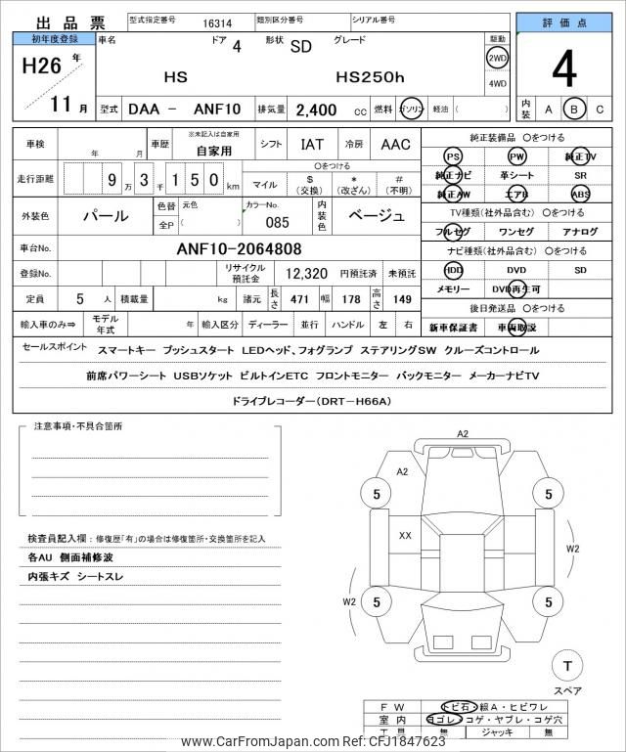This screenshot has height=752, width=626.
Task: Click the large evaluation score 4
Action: [x=564, y=69]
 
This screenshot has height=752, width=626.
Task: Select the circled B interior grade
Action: [x=575, y=110]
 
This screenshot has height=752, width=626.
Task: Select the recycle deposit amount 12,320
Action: [x=306, y=273]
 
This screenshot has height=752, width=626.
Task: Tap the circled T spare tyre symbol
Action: [x=565, y=666]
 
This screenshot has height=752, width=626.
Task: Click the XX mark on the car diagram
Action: [x=405, y=535]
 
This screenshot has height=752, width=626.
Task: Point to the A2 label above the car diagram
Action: [x=463, y=433]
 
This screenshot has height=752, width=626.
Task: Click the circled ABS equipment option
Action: [x=580, y=193]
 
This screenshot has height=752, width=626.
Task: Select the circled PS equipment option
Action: [x=453, y=156]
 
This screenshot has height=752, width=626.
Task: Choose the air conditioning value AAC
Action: [x=395, y=145]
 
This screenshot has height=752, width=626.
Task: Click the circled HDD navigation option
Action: [x=453, y=269]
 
